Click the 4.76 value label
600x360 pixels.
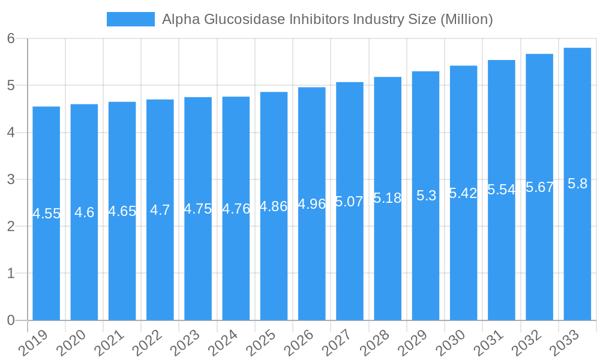click(x=236, y=209)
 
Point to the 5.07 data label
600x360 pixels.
click(x=349, y=202)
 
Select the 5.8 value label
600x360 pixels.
click(x=577, y=184)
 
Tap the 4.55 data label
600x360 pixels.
click(x=46, y=214)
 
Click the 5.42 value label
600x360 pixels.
click(x=463, y=193)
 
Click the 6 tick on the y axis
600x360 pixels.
click(x=11, y=38)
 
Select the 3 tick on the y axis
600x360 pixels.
click(x=11, y=179)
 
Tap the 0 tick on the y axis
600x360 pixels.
click(x=11, y=320)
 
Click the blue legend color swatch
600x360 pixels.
click(x=130, y=19)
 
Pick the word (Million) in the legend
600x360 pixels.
click(x=466, y=19)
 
